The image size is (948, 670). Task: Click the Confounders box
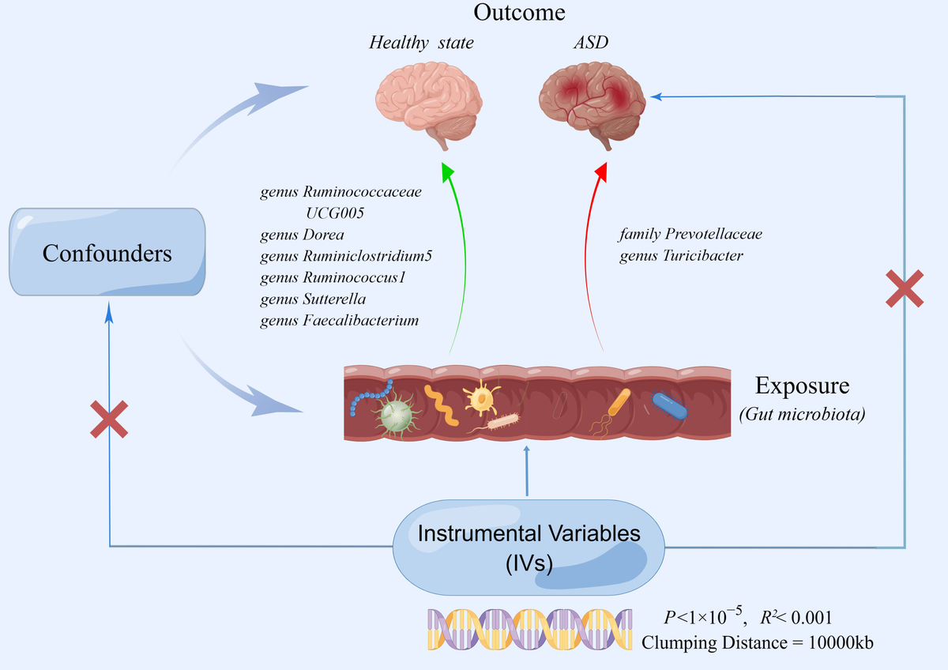pos(107,254)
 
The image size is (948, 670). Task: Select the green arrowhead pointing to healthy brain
pos(448,171)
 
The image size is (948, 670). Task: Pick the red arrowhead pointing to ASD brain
pos(602,171)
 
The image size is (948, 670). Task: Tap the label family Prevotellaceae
pos(690,235)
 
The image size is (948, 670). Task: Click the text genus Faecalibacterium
pos(339,320)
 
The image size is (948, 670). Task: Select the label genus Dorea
pos(302,235)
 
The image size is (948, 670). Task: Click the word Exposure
pos(802,386)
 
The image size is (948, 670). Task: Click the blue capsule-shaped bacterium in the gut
pos(669,405)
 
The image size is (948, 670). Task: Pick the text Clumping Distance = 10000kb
pos(758,642)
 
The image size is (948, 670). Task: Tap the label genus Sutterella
pos(312,299)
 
